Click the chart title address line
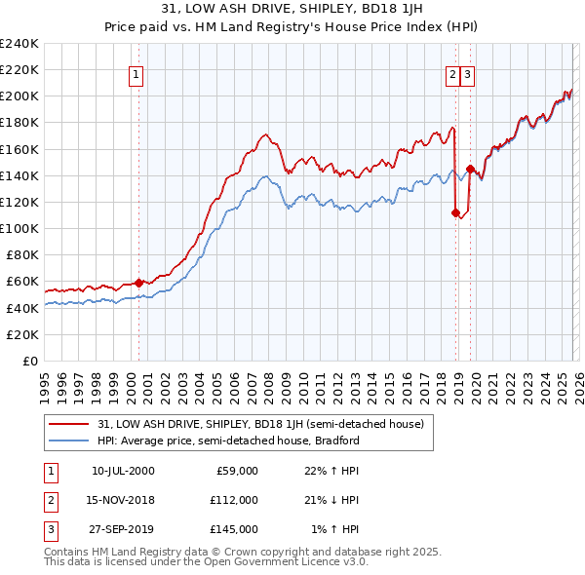(x=292, y=10)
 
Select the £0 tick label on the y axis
(x=29, y=361)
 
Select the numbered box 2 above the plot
(x=453, y=74)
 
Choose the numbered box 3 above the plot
(x=468, y=74)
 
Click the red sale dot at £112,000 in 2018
(x=455, y=212)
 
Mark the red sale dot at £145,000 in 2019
(x=470, y=169)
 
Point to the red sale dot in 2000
(x=138, y=283)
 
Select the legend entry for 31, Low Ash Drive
(x=260, y=424)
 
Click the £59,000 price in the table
(x=235, y=471)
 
